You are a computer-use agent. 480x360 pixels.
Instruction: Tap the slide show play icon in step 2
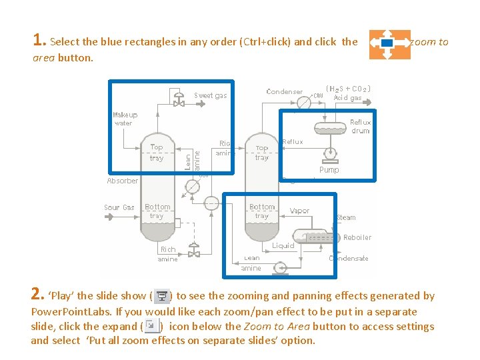(x=161, y=296)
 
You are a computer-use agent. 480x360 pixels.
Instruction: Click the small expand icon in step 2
(x=151, y=326)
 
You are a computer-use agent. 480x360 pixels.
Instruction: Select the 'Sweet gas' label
(x=211, y=95)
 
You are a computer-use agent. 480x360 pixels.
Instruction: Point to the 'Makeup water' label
(x=125, y=119)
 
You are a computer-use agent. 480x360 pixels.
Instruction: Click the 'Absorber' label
(x=123, y=181)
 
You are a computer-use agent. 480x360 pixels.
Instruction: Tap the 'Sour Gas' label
(x=119, y=207)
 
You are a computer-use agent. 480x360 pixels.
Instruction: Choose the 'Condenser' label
(x=285, y=91)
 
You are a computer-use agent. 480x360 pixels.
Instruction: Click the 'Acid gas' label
(x=347, y=98)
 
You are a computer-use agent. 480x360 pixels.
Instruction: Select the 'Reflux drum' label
(x=360, y=127)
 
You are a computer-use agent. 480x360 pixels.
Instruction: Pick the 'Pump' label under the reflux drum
(x=329, y=170)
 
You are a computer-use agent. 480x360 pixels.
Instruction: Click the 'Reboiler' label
(x=357, y=237)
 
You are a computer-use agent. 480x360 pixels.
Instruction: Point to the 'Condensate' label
(x=349, y=259)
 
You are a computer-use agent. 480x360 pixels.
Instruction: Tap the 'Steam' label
(x=347, y=217)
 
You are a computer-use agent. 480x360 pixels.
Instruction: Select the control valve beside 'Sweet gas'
(x=179, y=101)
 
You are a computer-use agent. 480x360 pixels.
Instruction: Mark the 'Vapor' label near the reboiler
(x=299, y=211)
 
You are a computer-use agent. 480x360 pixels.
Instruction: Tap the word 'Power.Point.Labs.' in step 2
(x=71, y=311)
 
